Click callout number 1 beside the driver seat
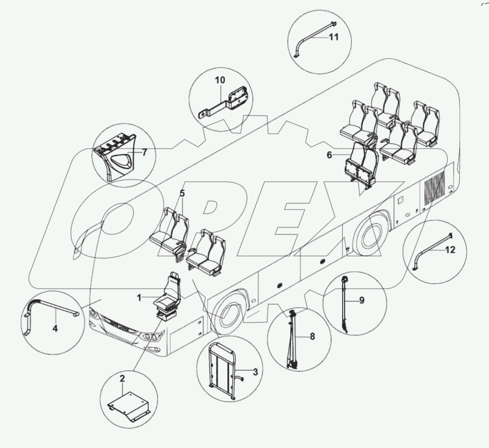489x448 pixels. pyautogui.click(x=139, y=298)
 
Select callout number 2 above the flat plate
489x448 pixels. pyautogui.click(x=122, y=378)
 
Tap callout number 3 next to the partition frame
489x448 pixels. pyautogui.click(x=255, y=371)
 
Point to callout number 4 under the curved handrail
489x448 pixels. pyautogui.click(x=55, y=328)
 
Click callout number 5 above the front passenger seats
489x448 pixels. pyautogui.click(x=182, y=194)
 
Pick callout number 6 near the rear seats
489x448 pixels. pyautogui.click(x=330, y=155)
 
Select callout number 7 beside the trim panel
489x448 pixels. pyautogui.click(x=144, y=153)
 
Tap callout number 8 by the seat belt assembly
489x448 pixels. pyautogui.click(x=312, y=336)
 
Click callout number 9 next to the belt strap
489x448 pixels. pyautogui.click(x=361, y=300)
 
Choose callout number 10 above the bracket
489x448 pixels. pyautogui.click(x=220, y=80)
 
